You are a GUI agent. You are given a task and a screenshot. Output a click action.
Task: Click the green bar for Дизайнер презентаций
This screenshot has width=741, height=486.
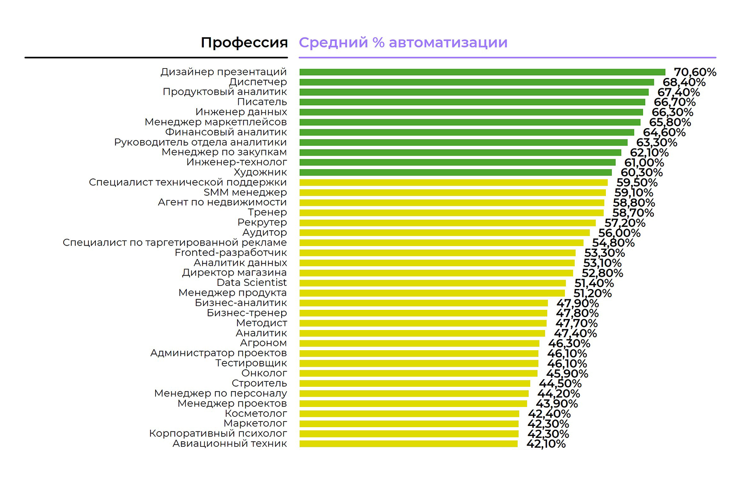coord(482,72)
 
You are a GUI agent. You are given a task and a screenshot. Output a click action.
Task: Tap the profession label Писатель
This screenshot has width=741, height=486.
coord(262,102)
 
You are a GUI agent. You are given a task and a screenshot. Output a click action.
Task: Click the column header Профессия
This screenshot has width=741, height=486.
coord(244,43)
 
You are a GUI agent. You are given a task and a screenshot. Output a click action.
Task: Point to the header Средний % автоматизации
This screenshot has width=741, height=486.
coord(403,43)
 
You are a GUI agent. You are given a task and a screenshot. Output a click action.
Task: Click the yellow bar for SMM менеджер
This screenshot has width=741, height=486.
coord(452,193)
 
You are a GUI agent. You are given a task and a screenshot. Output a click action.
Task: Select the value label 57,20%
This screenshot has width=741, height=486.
coord(625,223)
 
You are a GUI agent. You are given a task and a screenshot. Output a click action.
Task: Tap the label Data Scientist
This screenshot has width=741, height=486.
coord(252,283)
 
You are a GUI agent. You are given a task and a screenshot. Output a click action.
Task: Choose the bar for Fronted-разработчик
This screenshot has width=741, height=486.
coord(438,253)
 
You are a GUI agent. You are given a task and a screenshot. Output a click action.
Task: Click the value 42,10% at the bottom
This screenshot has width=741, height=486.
coord(546,444)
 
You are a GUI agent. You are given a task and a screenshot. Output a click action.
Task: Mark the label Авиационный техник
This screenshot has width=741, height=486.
coord(229,444)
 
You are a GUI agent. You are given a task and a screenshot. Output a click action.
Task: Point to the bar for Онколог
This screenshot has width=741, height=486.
coord(418,374)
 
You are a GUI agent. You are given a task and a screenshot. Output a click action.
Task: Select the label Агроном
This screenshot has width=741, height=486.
coord(263,343)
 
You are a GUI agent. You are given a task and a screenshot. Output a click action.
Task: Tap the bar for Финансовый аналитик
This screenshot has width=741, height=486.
coord(467,133)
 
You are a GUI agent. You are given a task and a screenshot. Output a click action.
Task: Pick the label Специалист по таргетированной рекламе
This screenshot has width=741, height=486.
coord(175,243)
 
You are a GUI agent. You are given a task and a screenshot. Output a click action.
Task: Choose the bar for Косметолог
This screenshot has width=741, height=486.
coord(409,413)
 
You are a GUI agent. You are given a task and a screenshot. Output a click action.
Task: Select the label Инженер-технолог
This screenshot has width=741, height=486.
coord(236,163)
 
